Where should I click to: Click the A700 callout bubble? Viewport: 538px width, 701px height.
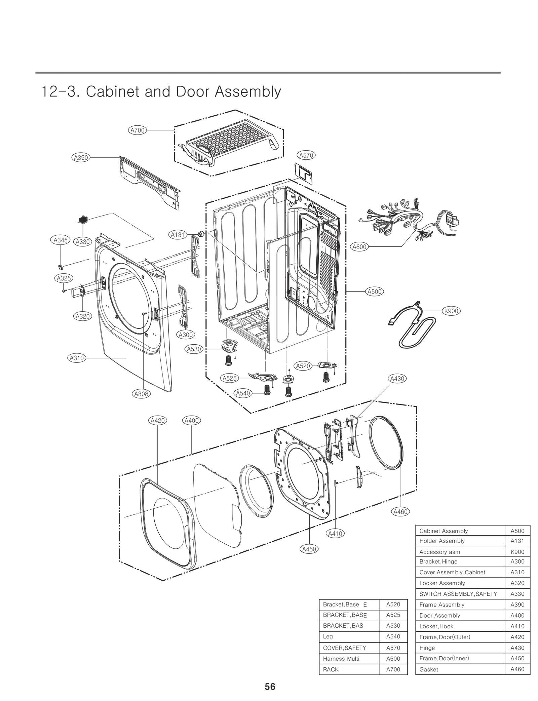137,130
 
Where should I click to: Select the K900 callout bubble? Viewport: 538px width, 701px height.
451,311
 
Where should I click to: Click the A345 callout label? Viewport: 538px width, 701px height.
61,240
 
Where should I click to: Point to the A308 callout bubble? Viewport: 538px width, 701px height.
141,394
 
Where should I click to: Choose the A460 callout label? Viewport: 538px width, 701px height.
400,512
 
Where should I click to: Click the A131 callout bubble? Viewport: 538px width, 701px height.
178,235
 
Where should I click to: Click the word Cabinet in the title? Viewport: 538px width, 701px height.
112,91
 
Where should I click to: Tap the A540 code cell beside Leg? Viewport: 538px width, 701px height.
393,636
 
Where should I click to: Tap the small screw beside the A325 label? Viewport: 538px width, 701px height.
64,290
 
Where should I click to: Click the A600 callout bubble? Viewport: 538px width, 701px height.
359,247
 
